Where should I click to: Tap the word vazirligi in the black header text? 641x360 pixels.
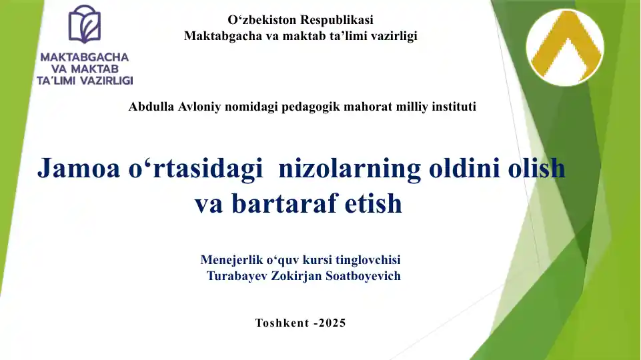pos(394,36)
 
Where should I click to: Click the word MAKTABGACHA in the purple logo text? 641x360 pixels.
pos(85,57)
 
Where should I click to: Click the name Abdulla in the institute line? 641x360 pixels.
pos(150,106)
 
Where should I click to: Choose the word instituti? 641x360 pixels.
pos(452,106)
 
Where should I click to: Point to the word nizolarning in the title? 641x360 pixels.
pos(349,169)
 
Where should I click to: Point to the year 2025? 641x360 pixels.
pos(332,323)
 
